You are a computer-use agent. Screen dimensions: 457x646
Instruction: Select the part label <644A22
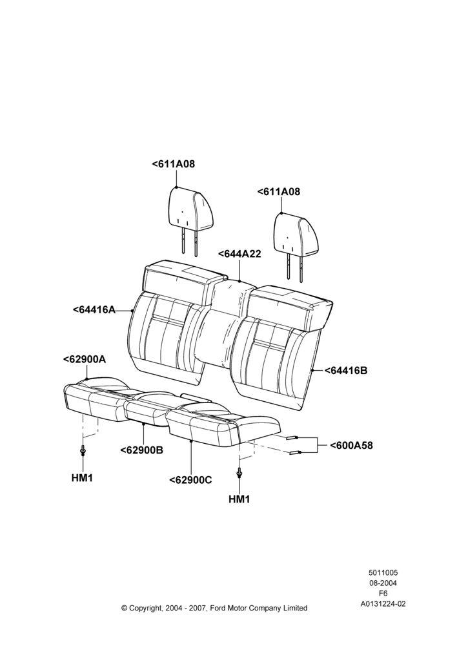(239, 254)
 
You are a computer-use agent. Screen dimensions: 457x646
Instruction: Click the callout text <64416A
(94, 310)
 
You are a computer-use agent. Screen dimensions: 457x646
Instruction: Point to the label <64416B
(346, 370)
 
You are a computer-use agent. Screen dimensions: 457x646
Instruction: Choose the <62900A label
(85, 359)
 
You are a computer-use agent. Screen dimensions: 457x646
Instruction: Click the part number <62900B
(141, 450)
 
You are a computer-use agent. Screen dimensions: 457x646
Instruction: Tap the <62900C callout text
(190, 480)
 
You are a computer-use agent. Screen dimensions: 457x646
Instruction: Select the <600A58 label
(350, 445)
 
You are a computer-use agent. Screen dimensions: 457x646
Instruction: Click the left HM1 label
(82, 478)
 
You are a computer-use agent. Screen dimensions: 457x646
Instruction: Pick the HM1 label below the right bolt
(239, 499)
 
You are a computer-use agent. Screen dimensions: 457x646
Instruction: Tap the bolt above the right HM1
(239, 472)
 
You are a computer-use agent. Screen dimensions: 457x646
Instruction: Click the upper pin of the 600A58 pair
(292, 437)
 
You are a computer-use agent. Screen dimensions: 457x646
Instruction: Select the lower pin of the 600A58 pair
(295, 452)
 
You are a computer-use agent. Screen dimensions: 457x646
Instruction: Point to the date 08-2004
(383, 583)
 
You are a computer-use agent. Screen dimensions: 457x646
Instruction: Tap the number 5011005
(383, 572)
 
